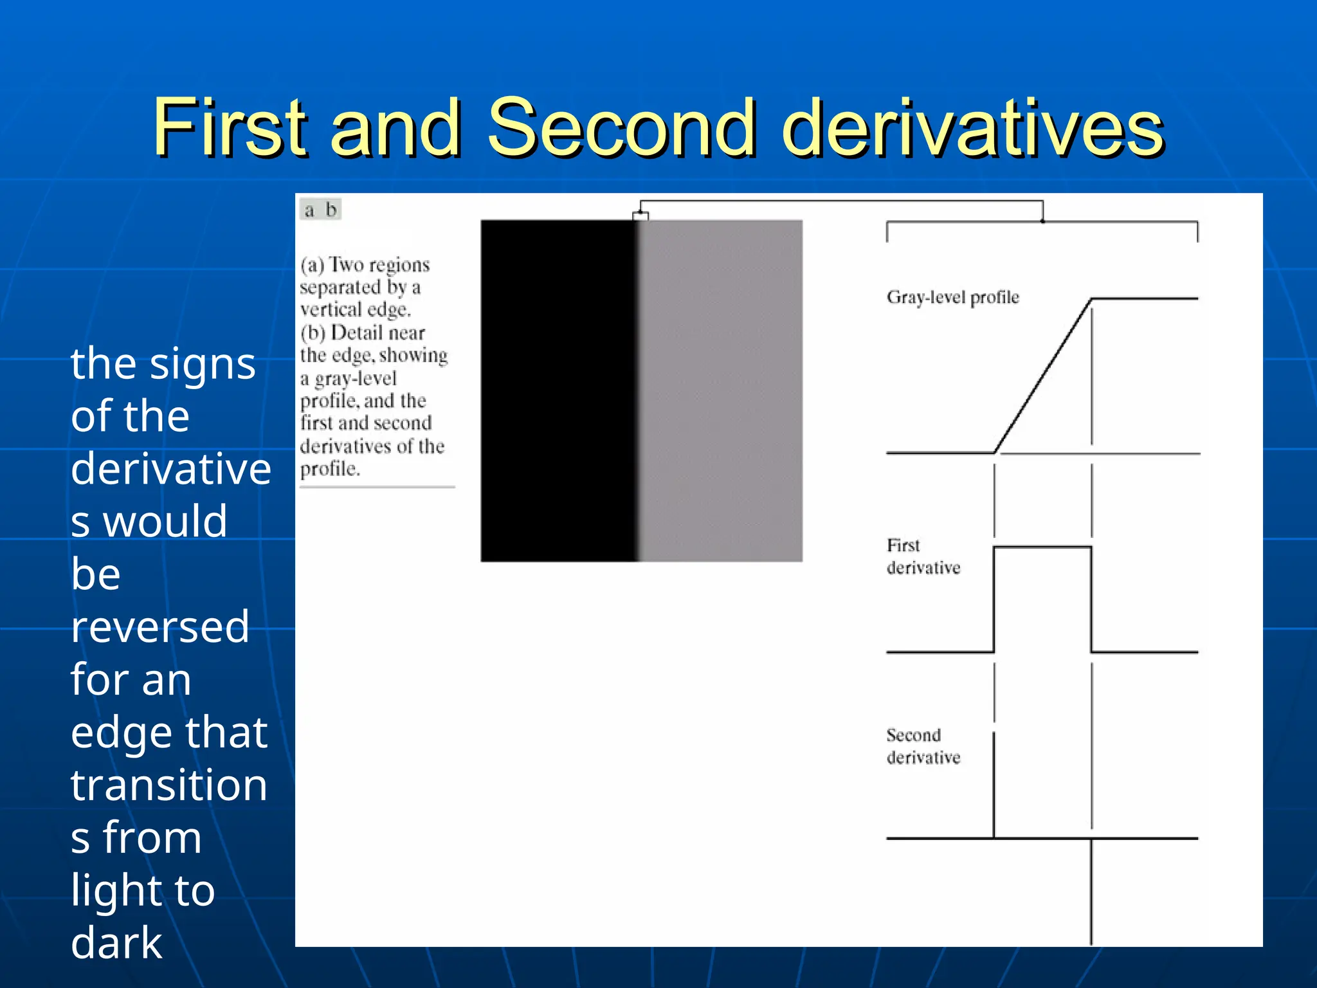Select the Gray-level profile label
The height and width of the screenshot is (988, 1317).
coord(952,297)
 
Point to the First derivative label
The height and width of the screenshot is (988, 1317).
coord(923,556)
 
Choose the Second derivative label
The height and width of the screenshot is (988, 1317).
coord(923,746)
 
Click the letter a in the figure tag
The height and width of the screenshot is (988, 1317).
coord(309,210)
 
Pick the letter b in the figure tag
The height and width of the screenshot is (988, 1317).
coord(331,210)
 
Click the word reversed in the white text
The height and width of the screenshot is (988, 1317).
coord(160,627)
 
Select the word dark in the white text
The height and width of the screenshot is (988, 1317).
coord(116,943)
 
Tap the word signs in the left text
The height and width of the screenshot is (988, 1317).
coord(203,364)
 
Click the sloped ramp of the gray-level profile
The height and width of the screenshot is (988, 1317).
coord(1043,376)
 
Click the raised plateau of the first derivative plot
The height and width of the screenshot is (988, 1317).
coord(1042,547)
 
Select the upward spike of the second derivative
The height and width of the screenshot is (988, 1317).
coord(994,785)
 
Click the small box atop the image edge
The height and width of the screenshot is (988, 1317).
coord(640,216)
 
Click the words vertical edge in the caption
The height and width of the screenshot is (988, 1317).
coord(355,310)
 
